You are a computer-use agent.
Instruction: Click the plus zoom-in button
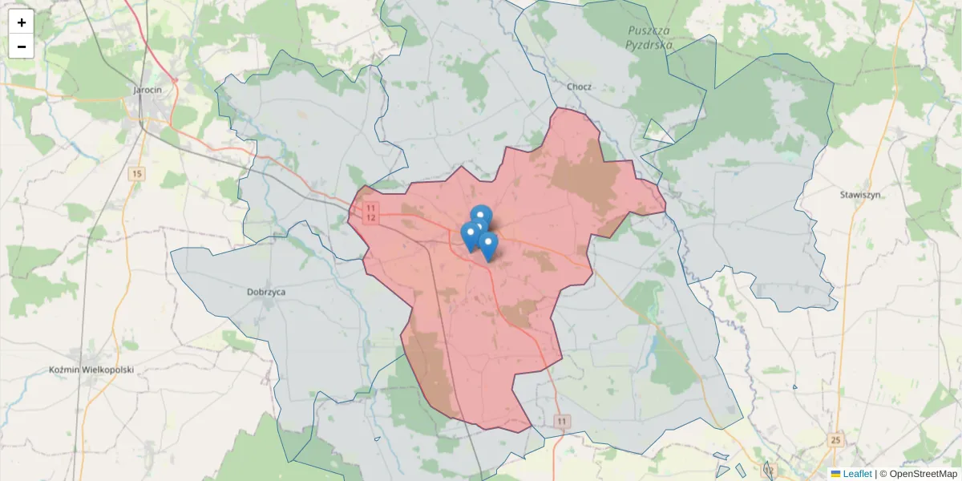(x=22, y=22)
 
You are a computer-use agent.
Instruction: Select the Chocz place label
(x=579, y=87)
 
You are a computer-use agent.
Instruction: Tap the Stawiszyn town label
(x=861, y=195)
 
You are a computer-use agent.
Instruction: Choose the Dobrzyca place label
(x=266, y=293)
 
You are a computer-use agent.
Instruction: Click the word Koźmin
(x=66, y=370)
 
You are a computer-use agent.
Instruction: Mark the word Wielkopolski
(x=108, y=370)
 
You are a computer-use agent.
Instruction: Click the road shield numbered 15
(x=137, y=174)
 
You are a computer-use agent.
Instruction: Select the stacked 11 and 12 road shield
(x=370, y=212)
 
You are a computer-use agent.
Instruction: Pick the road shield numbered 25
(x=837, y=440)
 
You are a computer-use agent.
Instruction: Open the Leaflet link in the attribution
(x=856, y=474)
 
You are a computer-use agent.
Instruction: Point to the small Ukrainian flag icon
(x=835, y=474)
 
